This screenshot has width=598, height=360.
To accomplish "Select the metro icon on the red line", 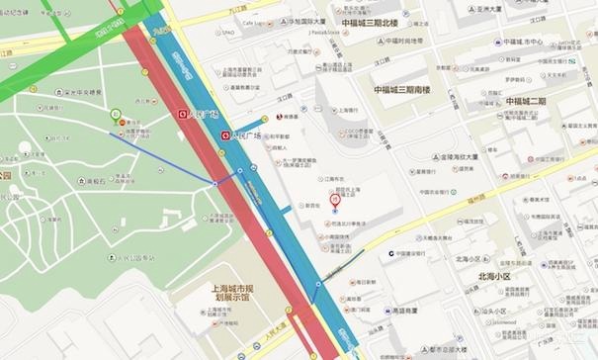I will click(x=183, y=114).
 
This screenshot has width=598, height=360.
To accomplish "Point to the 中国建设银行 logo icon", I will click(x=391, y=253).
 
